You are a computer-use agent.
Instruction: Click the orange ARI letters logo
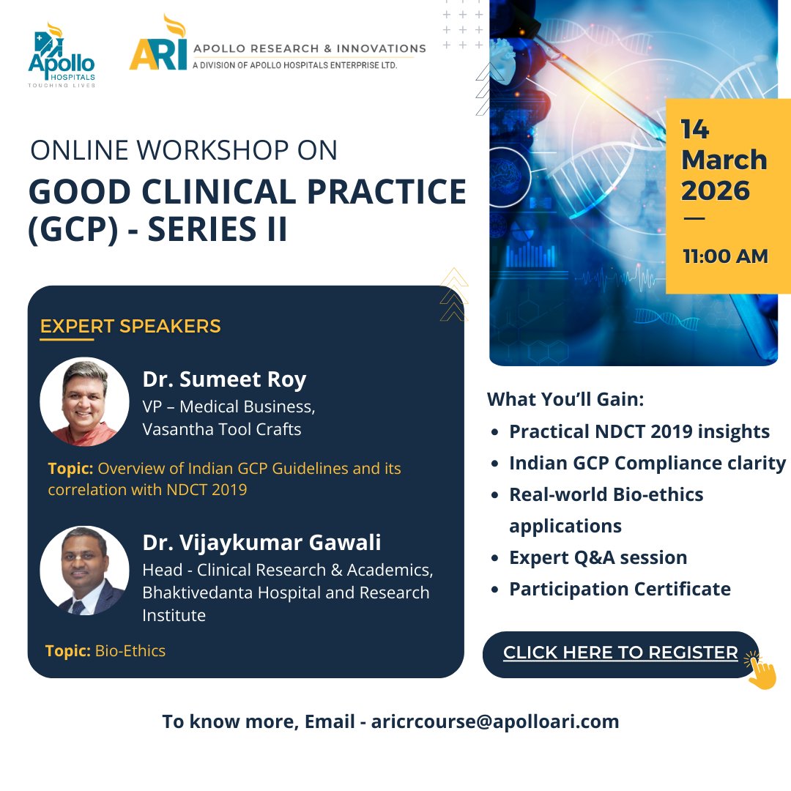pos(157,48)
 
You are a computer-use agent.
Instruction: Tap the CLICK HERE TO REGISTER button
pos(620,653)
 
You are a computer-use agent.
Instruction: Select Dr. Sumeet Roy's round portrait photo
pos(84,401)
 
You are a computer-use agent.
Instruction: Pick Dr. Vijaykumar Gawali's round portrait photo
pos(84,570)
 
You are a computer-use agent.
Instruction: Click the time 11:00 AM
pos(725,257)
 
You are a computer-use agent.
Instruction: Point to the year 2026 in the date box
pos(716,190)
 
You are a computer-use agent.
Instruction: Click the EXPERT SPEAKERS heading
pos(130,326)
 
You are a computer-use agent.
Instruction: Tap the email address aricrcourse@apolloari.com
pos(495,721)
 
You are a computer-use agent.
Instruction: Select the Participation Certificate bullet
pos(620,589)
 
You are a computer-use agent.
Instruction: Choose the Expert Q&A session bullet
pos(598,557)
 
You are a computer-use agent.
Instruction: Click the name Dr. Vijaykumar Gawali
pos(261,543)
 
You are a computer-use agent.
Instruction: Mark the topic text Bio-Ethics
pos(130,650)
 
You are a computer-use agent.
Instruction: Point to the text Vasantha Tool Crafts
pos(221,429)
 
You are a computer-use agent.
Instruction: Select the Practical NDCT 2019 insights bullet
pos(639,431)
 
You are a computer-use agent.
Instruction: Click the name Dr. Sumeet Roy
pos(224,379)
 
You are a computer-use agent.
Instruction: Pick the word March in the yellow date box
pos(724,160)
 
